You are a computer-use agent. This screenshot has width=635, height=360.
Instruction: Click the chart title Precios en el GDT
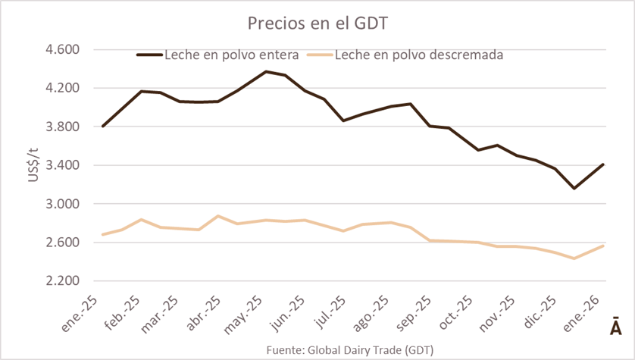click(317, 23)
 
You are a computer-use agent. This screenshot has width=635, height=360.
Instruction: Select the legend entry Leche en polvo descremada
click(419, 55)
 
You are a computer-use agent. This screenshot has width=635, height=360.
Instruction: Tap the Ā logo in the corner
click(615, 325)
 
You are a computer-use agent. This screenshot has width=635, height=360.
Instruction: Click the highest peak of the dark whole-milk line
click(265, 71)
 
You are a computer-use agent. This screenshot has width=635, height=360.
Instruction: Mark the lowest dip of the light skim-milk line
click(574, 258)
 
